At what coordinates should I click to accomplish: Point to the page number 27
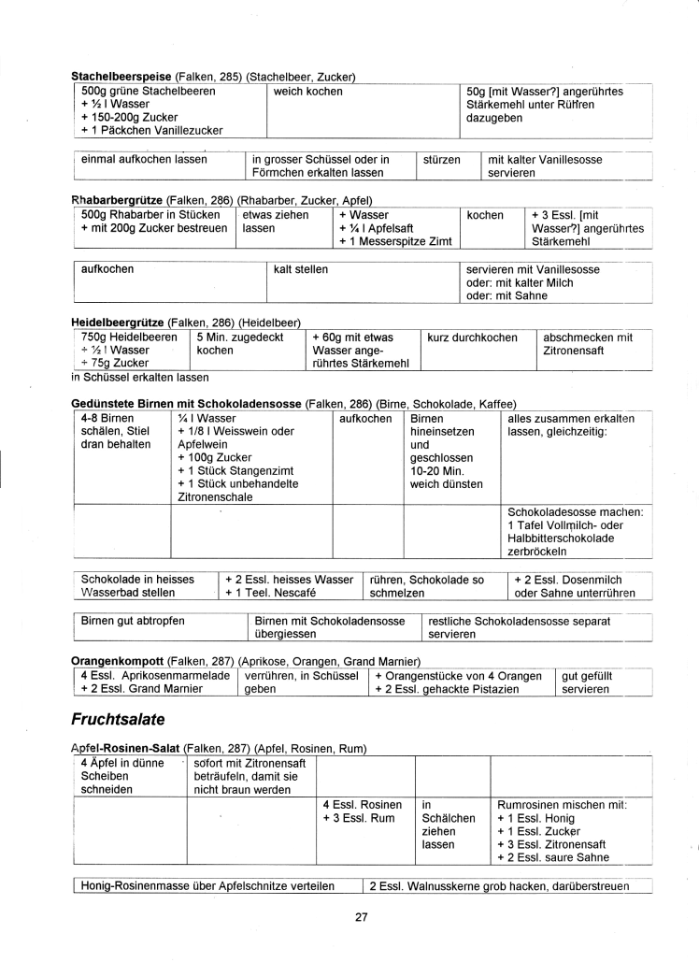pos(362,917)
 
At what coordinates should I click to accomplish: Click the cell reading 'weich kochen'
pos(308,92)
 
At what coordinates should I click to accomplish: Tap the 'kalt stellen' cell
pos(301,269)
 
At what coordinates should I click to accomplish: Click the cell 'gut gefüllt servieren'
pos(585,682)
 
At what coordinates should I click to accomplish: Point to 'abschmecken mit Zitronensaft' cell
pos(588,343)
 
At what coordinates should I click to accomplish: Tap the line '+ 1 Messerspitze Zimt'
pos(396,242)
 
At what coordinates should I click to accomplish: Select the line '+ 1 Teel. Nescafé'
pos(271,593)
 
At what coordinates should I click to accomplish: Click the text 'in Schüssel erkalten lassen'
pos(140,378)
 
